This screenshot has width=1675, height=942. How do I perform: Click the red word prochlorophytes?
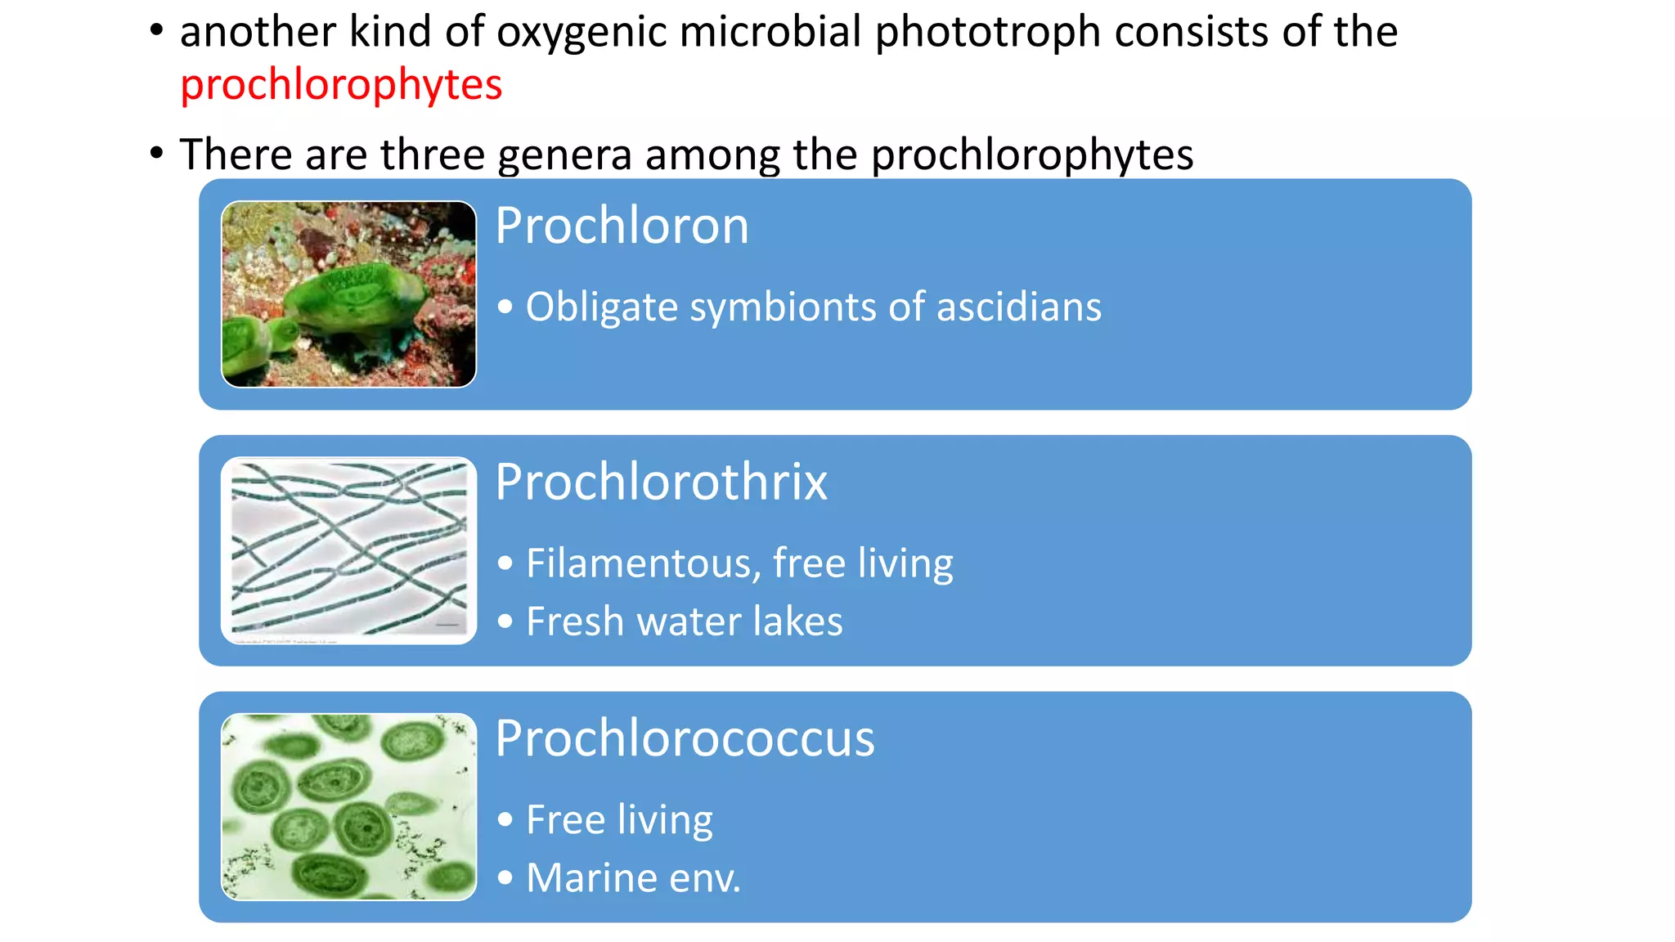(x=341, y=85)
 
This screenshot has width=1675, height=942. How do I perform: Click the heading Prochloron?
(x=622, y=226)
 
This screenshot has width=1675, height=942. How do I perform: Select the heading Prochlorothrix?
(x=661, y=482)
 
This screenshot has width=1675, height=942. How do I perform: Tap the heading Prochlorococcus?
(x=685, y=738)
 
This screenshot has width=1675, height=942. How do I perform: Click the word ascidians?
(x=1018, y=307)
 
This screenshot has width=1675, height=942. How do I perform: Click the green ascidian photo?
(x=348, y=294)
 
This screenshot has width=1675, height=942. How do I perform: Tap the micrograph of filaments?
(x=348, y=550)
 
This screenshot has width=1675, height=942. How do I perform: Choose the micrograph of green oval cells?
(x=348, y=807)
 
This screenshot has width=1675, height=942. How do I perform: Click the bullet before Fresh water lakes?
(x=505, y=621)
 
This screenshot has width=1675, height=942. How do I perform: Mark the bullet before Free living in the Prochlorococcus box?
(x=505, y=819)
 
